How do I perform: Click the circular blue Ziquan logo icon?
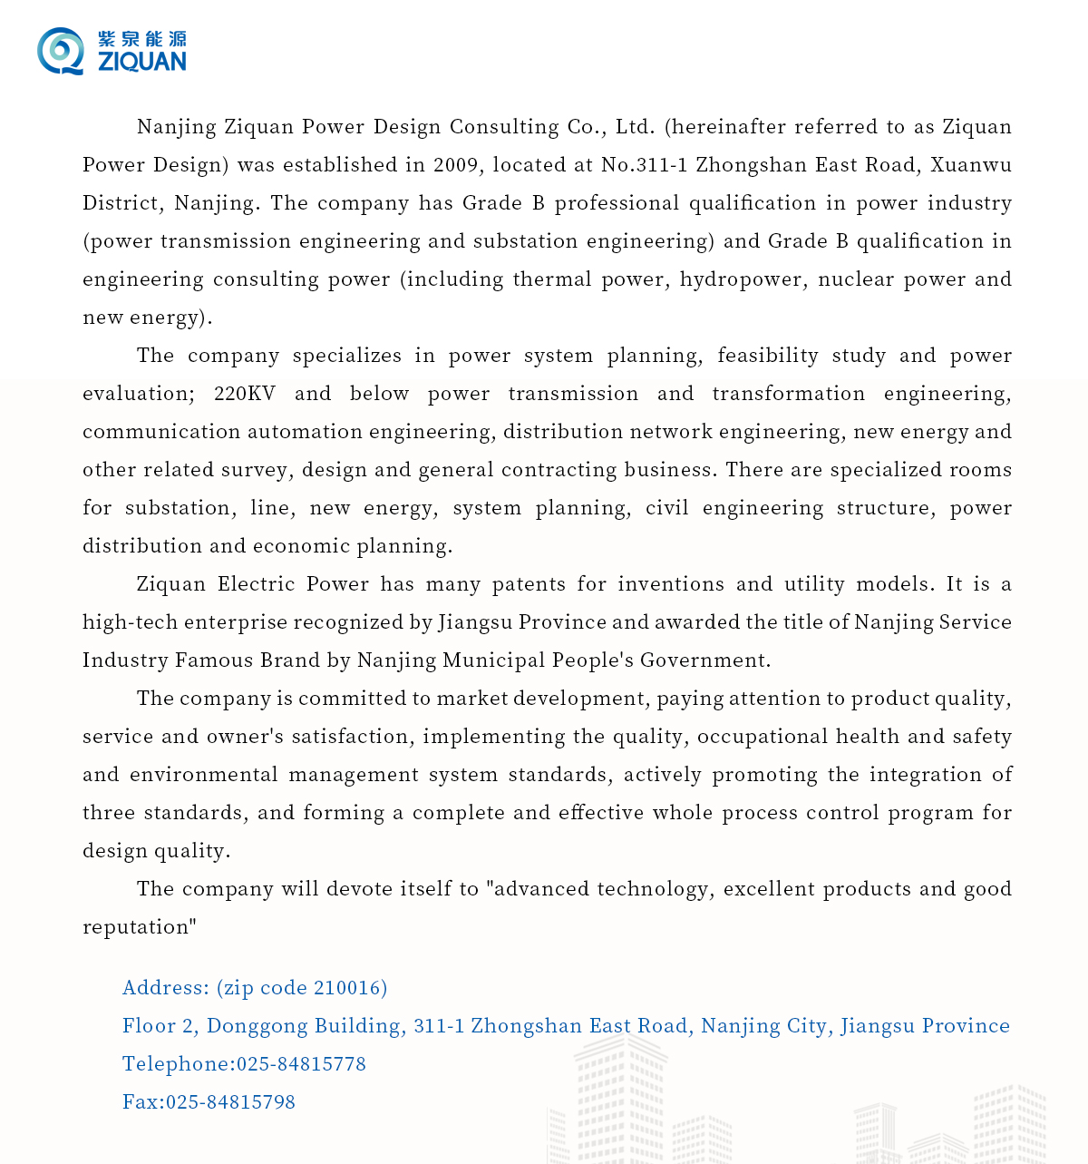[x=61, y=51]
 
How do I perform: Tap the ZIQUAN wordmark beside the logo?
[x=142, y=62]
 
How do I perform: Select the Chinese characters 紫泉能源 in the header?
[x=142, y=39]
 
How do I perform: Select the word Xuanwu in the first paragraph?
[x=970, y=164]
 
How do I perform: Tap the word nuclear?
[x=852, y=279]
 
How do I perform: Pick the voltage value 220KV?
[x=245, y=393]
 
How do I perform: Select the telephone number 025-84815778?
[x=301, y=1063]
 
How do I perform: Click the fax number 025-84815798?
[x=230, y=1101]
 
